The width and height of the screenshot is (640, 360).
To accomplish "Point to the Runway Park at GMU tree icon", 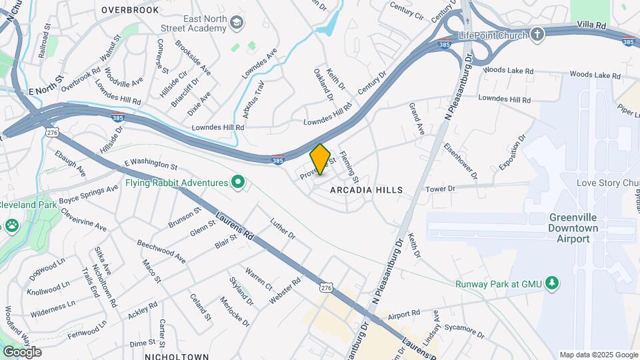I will point(551,283).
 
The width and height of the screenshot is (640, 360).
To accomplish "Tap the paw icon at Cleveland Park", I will point(12,225).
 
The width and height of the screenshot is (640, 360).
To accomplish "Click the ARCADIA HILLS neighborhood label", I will point(367,190).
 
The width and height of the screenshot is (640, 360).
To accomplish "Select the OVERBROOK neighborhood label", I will point(131,10).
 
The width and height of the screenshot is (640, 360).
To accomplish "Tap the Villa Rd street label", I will point(591,25).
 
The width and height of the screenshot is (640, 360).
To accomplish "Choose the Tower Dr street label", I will point(440,189).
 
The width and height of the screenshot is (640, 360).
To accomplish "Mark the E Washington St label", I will point(151,163).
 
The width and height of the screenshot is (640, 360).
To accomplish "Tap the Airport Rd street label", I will point(404,313).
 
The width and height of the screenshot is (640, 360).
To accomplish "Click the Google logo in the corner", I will point(22,352).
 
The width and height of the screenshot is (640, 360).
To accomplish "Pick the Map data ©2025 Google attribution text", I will point(598,355).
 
